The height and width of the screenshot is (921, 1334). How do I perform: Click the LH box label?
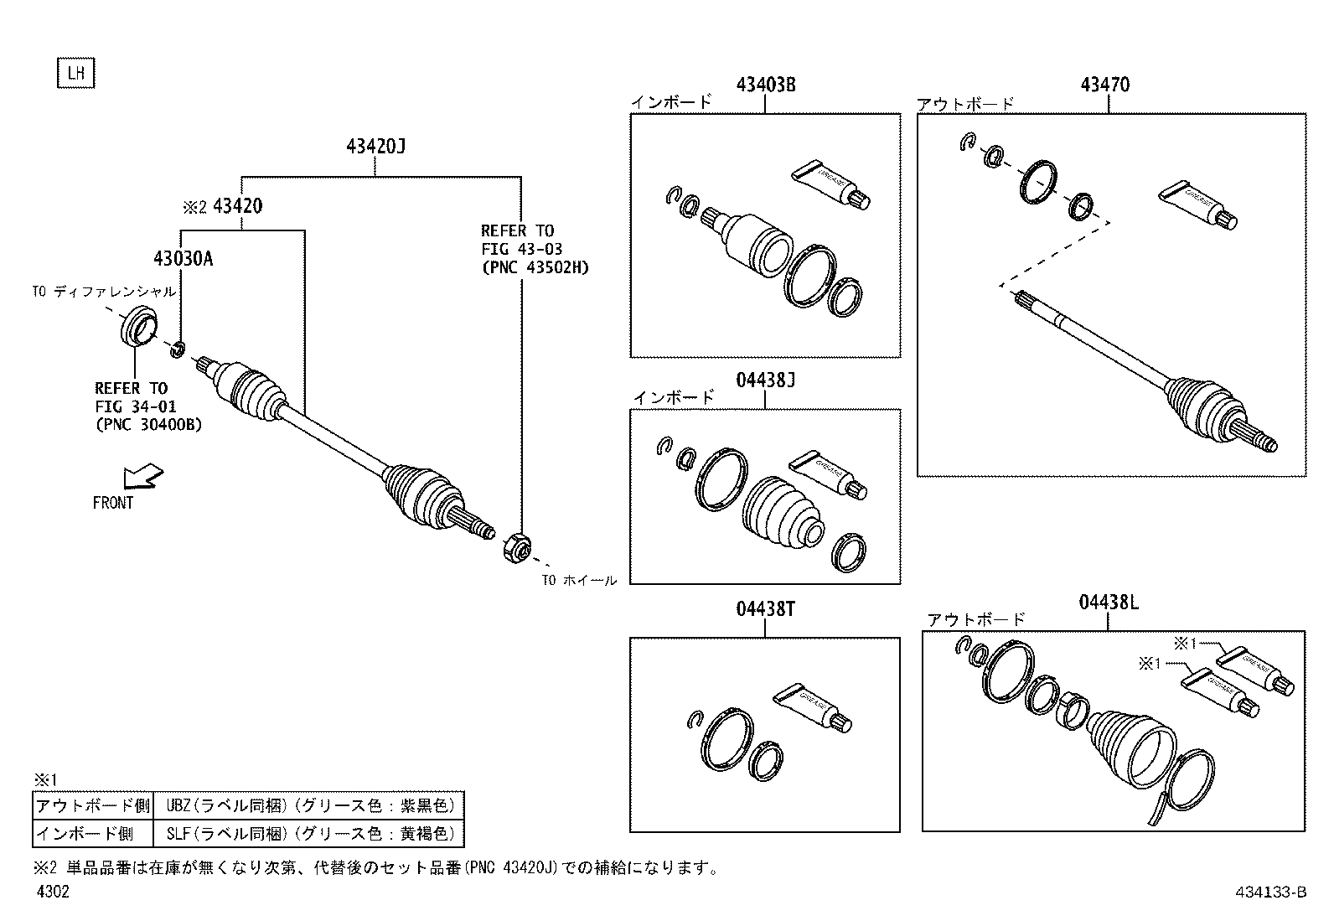[76, 73]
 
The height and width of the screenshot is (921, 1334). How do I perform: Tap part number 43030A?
[183, 259]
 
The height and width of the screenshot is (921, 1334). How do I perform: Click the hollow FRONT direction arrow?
[143, 477]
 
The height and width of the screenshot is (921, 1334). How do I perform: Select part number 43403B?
[765, 85]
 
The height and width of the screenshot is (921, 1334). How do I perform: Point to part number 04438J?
[765, 380]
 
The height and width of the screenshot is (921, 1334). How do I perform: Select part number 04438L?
[1108, 603]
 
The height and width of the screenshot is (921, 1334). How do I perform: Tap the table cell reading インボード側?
[92, 833]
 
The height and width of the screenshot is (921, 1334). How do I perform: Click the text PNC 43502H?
[535, 267]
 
